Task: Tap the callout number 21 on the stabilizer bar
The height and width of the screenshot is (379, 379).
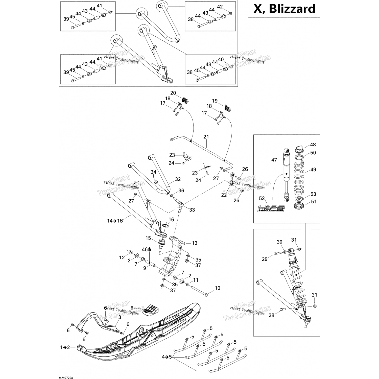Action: (206, 137)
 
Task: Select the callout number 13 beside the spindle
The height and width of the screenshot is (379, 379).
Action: (194, 243)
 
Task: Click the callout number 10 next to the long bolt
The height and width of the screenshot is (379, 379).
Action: (218, 288)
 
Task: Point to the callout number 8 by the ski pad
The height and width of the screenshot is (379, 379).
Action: (132, 308)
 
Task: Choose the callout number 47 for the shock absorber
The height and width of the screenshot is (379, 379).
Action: (274, 160)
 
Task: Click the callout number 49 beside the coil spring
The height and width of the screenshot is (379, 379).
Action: (313, 170)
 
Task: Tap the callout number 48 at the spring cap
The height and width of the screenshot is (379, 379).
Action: (313, 145)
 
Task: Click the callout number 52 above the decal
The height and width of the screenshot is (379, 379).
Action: (262, 198)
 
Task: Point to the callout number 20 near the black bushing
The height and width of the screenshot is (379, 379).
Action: (173, 93)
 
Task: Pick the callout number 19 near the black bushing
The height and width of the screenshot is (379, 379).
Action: (215, 101)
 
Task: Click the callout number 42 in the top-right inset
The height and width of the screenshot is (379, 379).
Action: (220, 7)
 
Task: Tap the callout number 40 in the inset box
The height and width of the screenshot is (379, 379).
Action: (221, 59)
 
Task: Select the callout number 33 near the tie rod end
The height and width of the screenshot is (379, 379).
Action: (192, 210)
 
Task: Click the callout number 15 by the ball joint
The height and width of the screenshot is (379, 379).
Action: (148, 238)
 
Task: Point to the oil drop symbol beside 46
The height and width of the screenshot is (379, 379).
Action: (150, 249)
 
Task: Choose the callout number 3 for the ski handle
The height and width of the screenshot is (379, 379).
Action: (120, 317)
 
